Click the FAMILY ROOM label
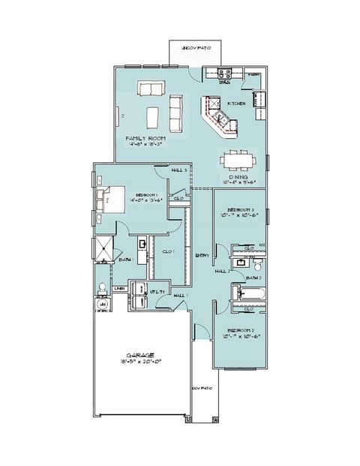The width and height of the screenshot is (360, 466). pyautogui.click(x=145, y=139)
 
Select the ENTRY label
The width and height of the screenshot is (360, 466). pyautogui.click(x=202, y=257)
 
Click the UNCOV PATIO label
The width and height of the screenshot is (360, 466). pyautogui.click(x=193, y=48)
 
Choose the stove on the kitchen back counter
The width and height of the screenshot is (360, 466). pyautogui.click(x=224, y=74)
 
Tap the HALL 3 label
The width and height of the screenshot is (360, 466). pyautogui.click(x=178, y=171)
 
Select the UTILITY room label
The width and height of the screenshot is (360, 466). pyautogui.click(x=157, y=290)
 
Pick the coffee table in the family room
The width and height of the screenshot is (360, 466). pyautogui.click(x=153, y=117)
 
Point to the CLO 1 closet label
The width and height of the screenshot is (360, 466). pyautogui.click(x=169, y=252)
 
